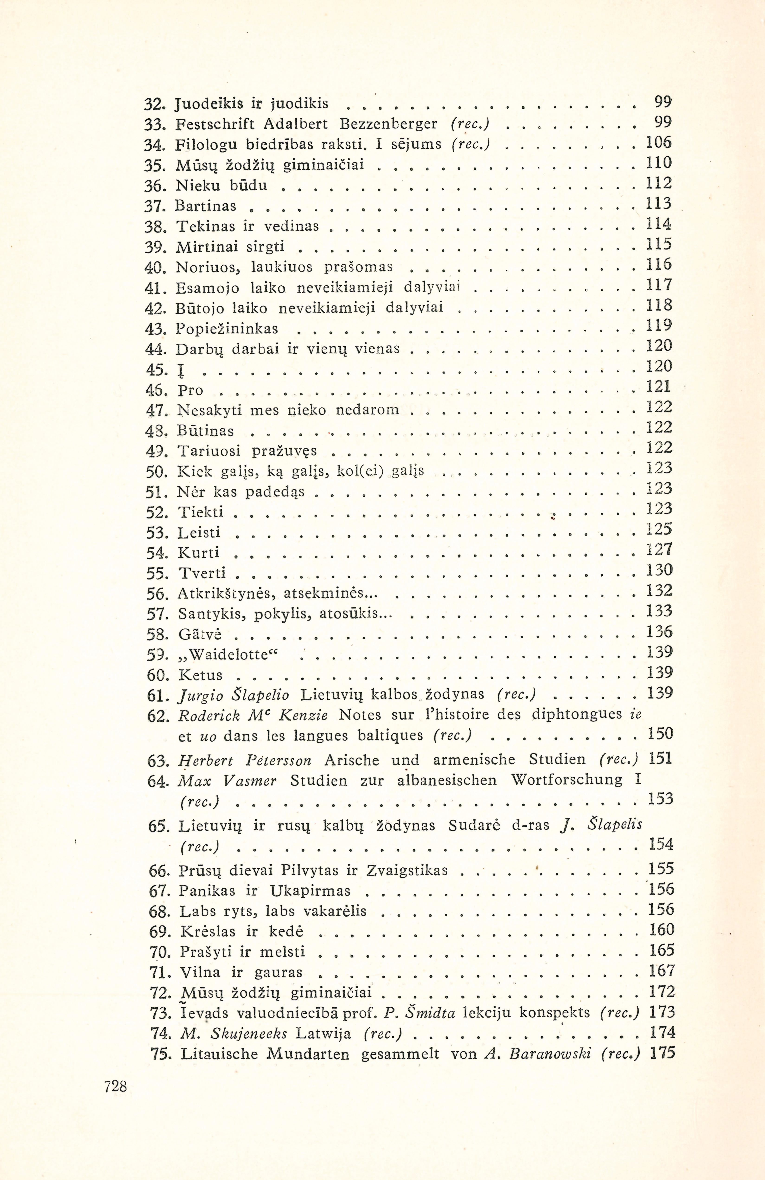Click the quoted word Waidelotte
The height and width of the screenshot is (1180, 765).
point(229,654)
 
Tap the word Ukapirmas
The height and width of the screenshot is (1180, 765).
point(310,891)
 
